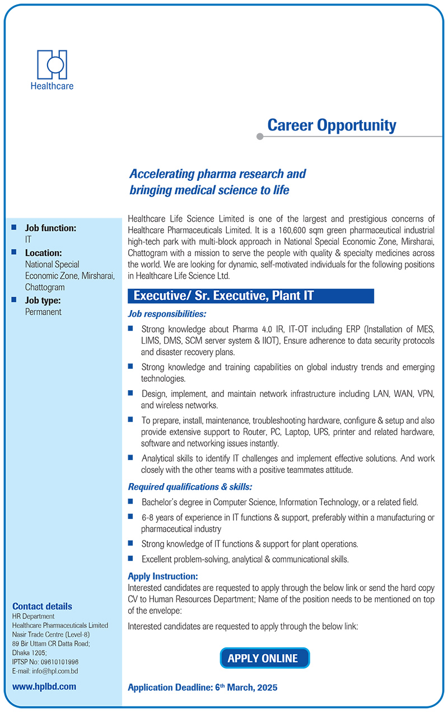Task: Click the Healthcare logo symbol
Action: tap(52, 64)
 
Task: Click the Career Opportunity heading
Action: tap(332, 125)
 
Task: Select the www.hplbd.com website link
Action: tap(44, 686)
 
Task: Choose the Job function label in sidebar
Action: tap(50, 228)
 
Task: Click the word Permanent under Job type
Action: tap(43, 312)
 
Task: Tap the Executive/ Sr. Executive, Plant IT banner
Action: tap(251, 296)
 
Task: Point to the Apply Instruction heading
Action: tap(163, 576)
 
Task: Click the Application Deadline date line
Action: tap(203, 687)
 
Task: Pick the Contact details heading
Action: tap(42, 606)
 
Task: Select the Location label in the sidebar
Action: tap(43, 252)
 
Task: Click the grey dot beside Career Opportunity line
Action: tap(259, 136)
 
